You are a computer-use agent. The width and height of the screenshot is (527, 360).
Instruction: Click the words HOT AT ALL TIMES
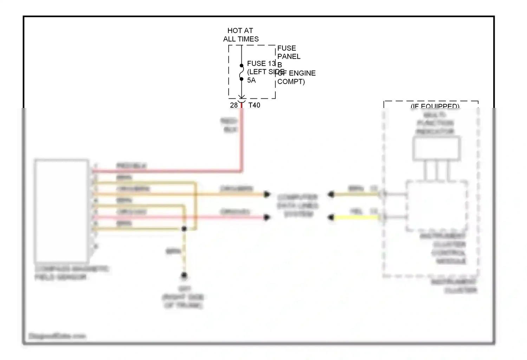tap(241, 35)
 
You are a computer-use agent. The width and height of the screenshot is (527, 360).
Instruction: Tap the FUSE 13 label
tap(261, 64)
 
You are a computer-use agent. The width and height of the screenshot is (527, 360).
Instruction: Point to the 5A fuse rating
tap(251, 81)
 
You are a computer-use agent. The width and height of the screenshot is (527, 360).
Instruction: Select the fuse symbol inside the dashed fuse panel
tap(242, 72)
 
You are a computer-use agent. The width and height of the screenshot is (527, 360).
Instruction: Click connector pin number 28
tap(234, 105)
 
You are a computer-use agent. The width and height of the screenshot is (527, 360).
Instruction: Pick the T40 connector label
tap(254, 105)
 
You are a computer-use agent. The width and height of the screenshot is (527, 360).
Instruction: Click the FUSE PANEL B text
tap(289, 56)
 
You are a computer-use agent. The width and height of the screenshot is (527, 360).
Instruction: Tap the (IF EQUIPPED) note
tap(435, 106)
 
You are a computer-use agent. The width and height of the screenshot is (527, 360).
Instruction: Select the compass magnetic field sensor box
tap(61, 211)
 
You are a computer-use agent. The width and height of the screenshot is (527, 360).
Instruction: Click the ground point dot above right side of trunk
tap(184, 275)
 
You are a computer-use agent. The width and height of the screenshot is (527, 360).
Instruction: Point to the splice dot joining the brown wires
tap(184, 229)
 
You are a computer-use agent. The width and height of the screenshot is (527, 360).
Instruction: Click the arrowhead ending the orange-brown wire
tap(267, 194)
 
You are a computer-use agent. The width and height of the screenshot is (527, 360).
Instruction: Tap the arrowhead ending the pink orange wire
tap(267, 217)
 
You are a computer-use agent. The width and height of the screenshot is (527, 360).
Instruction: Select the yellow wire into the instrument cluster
tap(357, 218)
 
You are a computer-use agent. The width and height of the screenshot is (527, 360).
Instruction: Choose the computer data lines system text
tap(298, 206)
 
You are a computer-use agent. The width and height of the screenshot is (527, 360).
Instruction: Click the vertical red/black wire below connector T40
tap(242, 141)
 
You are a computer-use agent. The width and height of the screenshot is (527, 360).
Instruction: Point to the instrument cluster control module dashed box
tap(437, 206)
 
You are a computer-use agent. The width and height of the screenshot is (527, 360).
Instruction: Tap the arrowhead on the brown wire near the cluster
tap(331, 194)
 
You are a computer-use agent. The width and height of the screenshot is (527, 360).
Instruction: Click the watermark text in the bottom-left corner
tap(57, 336)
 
